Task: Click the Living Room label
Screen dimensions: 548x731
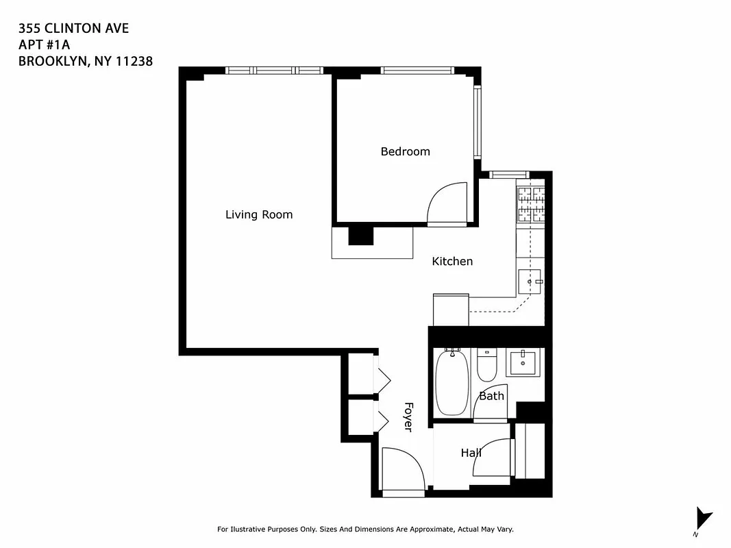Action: point(259,214)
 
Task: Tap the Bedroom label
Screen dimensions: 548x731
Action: point(405,151)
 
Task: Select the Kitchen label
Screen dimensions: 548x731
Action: point(452,261)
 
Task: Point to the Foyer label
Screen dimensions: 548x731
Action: point(408,416)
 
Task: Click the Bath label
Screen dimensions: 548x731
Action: point(491,396)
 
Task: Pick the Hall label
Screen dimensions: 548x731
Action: point(471,453)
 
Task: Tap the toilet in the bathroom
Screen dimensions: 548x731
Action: point(486,366)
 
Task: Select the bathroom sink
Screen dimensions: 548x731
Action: point(523,362)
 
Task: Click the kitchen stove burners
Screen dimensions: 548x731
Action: point(531,203)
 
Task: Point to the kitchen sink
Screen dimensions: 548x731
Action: point(530,281)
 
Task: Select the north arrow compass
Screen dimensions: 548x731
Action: point(702,519)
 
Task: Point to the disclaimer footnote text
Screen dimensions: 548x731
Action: point(365,530)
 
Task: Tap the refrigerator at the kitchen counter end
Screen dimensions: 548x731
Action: point(451,310)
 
